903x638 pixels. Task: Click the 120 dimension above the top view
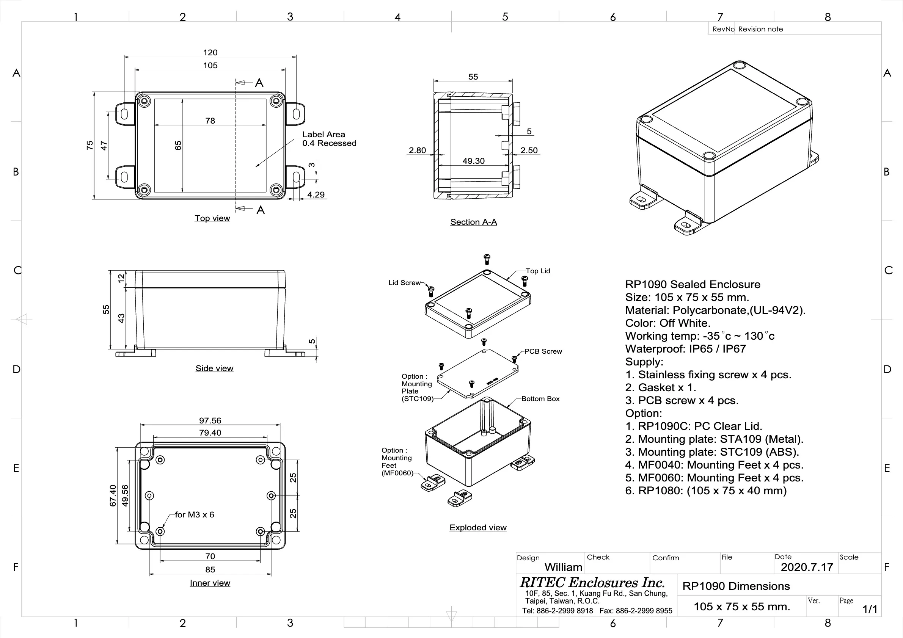[210, 52]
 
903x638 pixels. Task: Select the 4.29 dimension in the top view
[316, 194]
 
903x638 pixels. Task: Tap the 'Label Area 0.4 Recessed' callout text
[329, 139]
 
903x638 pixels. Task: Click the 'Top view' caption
[212, 218]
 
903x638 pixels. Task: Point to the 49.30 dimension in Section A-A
[473, 161]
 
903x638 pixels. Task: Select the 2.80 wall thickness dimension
[417, 150]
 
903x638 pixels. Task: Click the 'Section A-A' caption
[473, 222]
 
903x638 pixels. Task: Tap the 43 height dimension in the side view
[121, 318]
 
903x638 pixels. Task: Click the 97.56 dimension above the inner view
[210, 421]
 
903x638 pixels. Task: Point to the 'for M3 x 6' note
[194, 514]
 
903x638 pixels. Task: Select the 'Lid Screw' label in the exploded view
[404, 283]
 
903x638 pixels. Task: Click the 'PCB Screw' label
[543, 351]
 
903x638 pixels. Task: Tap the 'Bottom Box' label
[540, 398]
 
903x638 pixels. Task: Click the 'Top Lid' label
[538, 271]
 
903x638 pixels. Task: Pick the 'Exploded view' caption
[477, 528]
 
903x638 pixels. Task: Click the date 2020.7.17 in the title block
[807, 567]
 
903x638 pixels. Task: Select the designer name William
[563, 567]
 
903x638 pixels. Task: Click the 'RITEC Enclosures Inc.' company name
[592, 582]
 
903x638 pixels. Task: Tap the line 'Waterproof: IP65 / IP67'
[685, 349]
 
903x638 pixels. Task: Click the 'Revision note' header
[760, 29]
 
